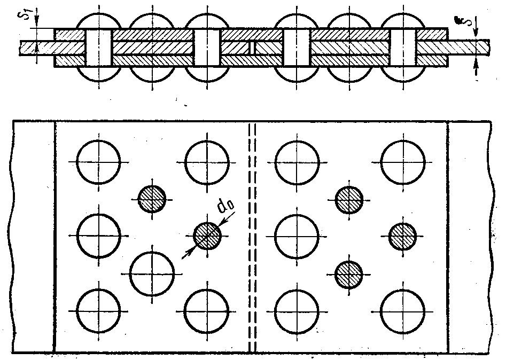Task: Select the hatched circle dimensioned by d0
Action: (x=207, y=235)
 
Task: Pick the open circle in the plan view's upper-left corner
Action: (x=98, y=162)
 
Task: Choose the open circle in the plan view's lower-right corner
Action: (x=402, y=311)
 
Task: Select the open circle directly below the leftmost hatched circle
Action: (x=152, y=274)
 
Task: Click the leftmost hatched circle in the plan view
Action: (x=152, y=199)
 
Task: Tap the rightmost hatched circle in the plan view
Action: (x=402, y=236)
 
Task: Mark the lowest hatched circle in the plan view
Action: (x=349, y=275)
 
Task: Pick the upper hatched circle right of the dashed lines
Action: (x=349, y=200)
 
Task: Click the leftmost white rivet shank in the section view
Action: (x=99, y=48)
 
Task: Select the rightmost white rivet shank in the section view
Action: (x=403, y=48)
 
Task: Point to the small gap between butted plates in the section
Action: (x=252, y=48)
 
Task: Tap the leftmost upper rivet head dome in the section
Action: (x=99, y=21)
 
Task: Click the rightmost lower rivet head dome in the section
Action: (x=403, y=74)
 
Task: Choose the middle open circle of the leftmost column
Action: (x=99, y=236)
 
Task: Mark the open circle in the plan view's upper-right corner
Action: (x=403, y=162)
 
